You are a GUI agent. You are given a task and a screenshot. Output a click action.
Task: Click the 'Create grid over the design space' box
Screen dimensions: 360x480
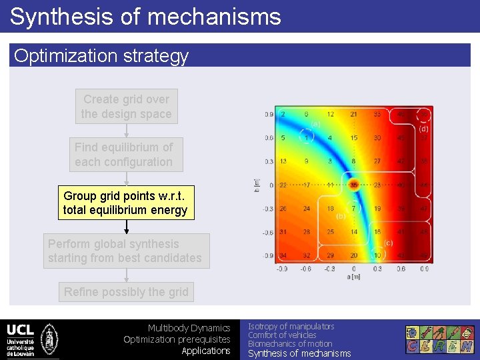click(126, 107)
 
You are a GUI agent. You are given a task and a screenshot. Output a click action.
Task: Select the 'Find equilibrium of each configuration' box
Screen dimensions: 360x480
click(123, 155)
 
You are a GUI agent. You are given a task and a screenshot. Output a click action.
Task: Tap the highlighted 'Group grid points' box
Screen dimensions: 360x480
click(126, 203)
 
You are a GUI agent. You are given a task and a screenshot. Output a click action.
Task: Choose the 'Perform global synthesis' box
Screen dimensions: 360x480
click(126, 251)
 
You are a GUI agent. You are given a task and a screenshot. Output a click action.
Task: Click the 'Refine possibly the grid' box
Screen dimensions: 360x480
click(126, 292)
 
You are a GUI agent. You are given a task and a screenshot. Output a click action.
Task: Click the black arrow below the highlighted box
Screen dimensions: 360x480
click(127, 227)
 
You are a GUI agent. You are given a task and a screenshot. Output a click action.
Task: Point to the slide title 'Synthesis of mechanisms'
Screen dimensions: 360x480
click(145, 16)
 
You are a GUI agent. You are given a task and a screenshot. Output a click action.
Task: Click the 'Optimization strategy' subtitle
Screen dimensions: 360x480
click(101, 56)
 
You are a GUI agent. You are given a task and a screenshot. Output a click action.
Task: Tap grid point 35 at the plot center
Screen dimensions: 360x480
click(353, 185)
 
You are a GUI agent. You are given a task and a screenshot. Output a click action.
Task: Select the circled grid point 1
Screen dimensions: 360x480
click(307, 138)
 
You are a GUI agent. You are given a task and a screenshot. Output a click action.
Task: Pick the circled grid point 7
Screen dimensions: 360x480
click(353, 209)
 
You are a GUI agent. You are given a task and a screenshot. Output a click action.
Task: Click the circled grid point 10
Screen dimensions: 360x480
click(377, 256)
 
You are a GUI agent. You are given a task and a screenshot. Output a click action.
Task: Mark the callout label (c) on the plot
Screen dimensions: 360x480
click(389, 243)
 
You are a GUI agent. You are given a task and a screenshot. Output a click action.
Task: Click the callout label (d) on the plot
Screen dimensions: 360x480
click(424, 129)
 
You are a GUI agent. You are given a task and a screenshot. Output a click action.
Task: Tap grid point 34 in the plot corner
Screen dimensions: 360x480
click(283, 256)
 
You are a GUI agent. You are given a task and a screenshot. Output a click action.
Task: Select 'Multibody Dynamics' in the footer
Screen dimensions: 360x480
click(189, 328)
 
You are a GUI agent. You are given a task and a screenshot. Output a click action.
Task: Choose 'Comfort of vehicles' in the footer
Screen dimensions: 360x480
click(282, 335)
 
